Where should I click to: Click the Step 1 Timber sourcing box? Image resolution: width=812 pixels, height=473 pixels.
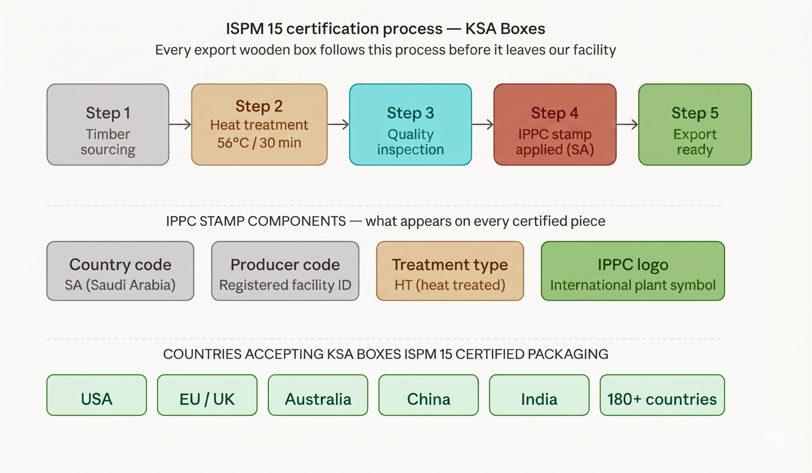[108, 125]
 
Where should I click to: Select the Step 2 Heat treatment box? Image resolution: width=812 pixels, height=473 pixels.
[259, 125]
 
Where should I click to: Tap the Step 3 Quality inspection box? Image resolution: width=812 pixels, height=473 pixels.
[410, 125]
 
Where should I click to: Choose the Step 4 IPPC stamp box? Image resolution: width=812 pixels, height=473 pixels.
[554, 125]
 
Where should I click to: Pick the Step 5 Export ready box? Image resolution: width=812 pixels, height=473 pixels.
[695, 125]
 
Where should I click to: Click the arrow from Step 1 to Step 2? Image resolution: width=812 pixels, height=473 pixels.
[180, 124]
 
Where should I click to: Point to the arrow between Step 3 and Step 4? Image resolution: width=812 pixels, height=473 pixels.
[482, 124]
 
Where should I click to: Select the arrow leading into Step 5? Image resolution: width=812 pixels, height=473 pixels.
[627, 124]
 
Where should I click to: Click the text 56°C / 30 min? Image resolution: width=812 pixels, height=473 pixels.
[259, 143]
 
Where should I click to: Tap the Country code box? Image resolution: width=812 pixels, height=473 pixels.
[120, 271]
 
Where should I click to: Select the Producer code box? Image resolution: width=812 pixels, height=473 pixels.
[285, 271]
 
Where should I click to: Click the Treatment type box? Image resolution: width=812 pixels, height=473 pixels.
[450, 271]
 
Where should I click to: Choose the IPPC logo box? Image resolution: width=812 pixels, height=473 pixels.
[633, 271]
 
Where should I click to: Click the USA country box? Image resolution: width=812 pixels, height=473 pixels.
[97, 395]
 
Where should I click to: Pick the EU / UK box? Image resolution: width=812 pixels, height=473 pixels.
[207, 395]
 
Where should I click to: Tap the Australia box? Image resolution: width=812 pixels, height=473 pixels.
[318, 395]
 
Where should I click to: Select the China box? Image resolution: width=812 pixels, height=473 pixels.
[429, 395]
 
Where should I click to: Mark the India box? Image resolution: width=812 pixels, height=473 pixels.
[539, 395]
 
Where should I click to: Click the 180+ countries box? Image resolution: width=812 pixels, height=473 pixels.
[662, 395]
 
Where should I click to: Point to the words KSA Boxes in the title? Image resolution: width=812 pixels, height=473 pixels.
[505, 29]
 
